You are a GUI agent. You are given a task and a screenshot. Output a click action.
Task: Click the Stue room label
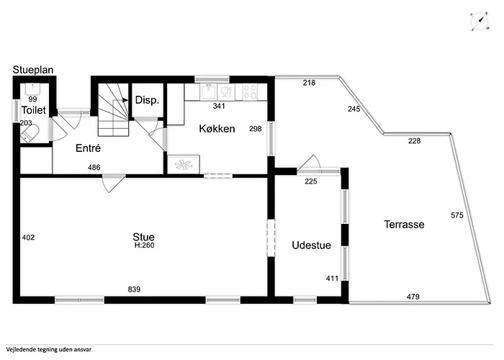click(143, 236)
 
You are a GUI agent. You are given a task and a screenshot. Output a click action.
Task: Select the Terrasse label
click(403, 225)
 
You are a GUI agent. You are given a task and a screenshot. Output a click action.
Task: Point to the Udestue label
click(311, 246)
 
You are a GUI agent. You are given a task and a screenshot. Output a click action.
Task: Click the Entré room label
click(88, 148)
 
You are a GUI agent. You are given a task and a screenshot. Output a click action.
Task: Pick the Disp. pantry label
click(147, 100)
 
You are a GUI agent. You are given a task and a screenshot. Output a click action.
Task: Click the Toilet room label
click(34, 110)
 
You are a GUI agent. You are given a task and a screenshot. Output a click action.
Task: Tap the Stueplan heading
click(33, 70)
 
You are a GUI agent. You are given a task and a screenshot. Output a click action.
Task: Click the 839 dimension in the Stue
click(133, 289)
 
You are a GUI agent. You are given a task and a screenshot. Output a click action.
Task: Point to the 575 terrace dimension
click(456, 215)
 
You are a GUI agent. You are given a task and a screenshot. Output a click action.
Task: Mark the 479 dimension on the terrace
click(413, 297)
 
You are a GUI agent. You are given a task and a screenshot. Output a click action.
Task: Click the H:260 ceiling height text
click(144, 246)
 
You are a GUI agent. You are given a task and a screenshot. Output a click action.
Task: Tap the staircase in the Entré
click(112, 109)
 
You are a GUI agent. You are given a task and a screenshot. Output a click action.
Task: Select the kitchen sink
click(208, 91)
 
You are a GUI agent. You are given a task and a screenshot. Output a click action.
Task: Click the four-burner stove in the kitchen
click(251, 91)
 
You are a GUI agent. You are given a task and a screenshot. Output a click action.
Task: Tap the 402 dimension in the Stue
click(28, 237)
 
